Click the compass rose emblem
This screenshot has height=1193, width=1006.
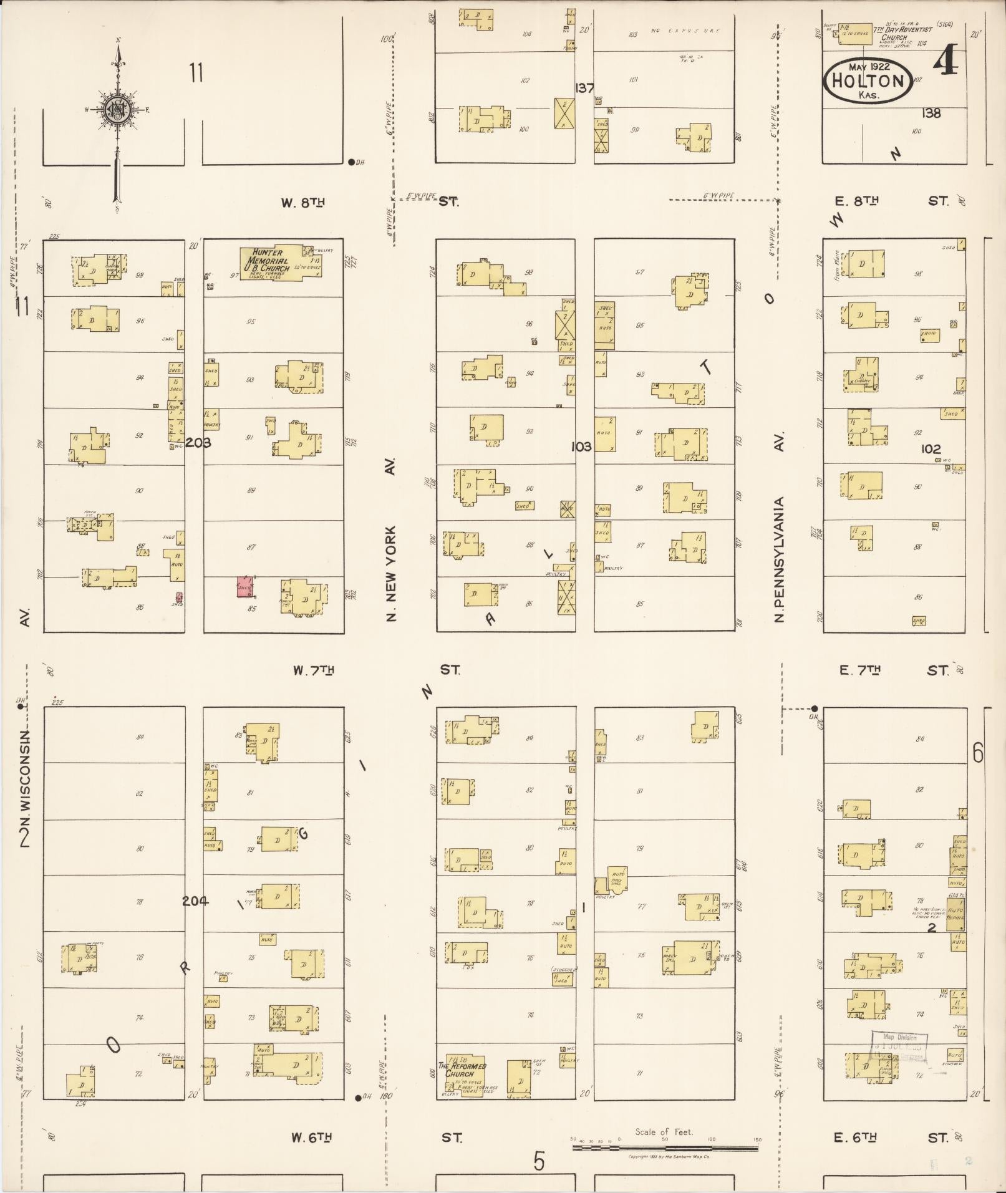(x=117, y=110)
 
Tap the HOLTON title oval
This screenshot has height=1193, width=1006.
(x=868, y=80)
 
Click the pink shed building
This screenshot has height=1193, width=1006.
(x=244, y=587)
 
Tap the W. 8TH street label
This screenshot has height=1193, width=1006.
(x=303, y=202)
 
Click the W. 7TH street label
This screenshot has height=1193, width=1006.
(x=313, y=670)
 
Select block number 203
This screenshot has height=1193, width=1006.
(x=198, y=443)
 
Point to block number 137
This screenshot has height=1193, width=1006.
(x=584, y=88)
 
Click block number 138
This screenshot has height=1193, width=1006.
(x=931, y=113)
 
